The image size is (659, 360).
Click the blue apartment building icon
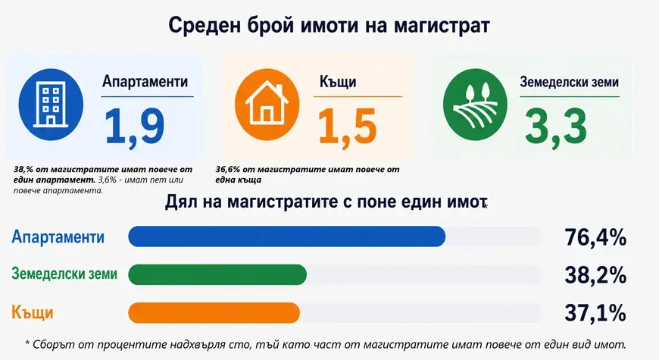coord(51,105)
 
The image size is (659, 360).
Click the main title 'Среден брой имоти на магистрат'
coord(329,25)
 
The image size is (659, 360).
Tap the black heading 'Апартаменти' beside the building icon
coord(145,81)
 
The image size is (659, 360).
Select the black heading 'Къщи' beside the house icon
coord(338,82)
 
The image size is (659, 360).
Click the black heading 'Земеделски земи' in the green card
coord(569,82)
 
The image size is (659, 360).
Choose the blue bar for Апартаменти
coord(286,236)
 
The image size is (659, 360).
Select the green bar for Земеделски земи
coord(217,274)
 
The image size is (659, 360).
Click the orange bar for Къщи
coord(214,313)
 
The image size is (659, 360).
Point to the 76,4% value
coord(595,237)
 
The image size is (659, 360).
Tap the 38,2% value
coord(595,275)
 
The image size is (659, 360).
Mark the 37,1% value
coord(595,313)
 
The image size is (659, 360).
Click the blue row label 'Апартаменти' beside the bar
coord(58,236)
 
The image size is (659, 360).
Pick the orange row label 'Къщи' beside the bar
coord(33,313)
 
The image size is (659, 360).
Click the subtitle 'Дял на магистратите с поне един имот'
coord(326,202)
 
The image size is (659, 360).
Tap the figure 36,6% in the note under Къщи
coord(228,170)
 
